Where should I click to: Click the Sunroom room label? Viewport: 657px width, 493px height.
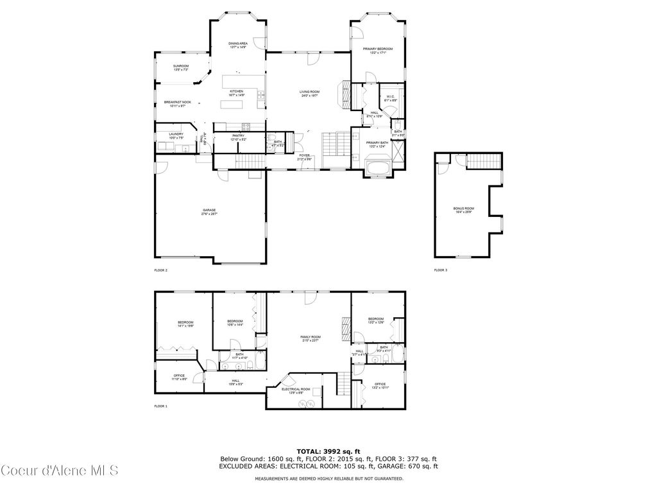tap(181, 66)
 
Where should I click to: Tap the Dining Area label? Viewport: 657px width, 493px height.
tap(238, 44)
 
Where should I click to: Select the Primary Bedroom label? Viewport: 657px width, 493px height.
tap(377, 49)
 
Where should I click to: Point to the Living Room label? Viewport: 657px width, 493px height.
tap(309, 92)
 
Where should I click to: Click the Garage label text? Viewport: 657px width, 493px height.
tap(209, 210)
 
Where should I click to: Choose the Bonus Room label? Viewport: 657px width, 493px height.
tap(463, 209)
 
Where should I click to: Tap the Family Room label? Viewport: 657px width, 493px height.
tap(311, 337)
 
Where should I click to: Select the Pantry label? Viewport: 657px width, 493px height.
tap(238, 135)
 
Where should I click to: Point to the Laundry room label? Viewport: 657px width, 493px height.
tap(176, 134)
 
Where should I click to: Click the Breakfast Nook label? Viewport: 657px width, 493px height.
tap(177, 103)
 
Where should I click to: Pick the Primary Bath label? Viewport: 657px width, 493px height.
tap(377, 143)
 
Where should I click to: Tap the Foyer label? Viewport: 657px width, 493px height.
tap(304, 155)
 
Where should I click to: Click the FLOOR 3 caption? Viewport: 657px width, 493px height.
tap(441, 270)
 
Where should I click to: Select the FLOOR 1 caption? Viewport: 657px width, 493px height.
tap(161, 406)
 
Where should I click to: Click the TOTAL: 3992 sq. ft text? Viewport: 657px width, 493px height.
tap(328, 451)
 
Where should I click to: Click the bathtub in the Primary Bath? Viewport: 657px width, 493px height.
tap(378, 168)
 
